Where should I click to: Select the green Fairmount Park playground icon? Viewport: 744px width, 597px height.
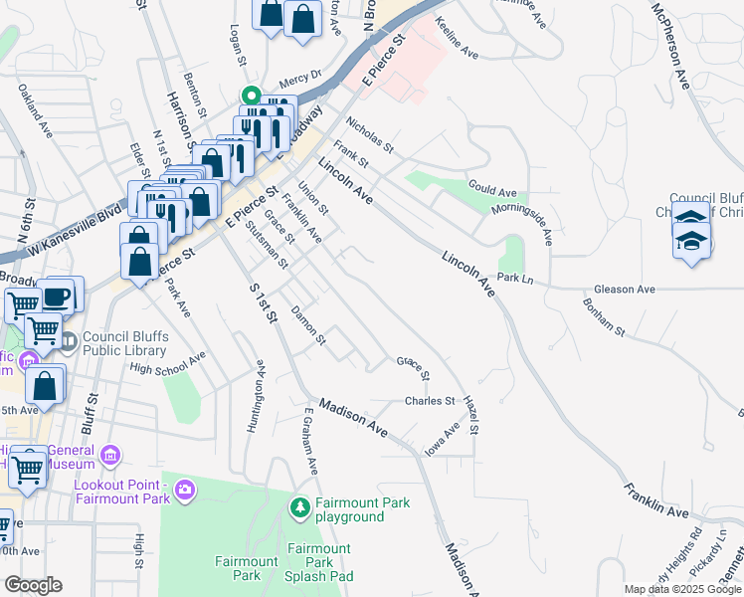pos(300,508)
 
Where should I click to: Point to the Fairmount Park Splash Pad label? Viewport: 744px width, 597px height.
pos(319,562)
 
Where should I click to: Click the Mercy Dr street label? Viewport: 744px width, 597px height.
pos(300,75)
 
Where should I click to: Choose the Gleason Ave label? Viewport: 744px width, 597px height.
pos(625,290)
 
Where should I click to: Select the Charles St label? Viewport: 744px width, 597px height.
pos(429,401)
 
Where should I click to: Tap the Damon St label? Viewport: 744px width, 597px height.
pos(308,325)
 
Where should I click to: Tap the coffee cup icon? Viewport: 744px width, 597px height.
pos(58,297)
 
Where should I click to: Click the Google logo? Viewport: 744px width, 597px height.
pos(33,585)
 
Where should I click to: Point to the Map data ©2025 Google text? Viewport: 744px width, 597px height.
pos(681,589)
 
